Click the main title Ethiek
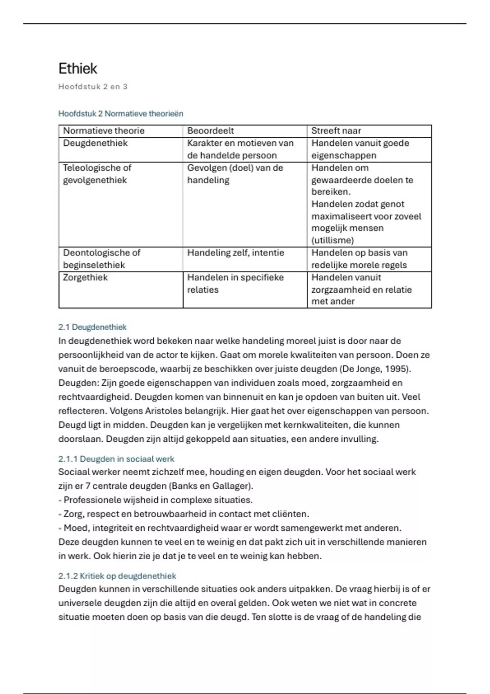(x=78, y=69)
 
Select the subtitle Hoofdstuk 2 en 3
(x=93, y=87)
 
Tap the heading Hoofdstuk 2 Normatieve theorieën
(x=120, y=113)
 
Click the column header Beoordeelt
(x=210, y=131)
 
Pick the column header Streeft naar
(x=336, y=131)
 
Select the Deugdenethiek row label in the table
(x=95, y=143)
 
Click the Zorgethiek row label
(x=85, y=278)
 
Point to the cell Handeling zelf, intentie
(x=235, y=253)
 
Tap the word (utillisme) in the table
(x=332, y=240)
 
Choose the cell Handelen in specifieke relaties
(x=235, y=283)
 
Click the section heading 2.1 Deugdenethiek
(x=92, y=327)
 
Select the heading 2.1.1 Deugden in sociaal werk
(x=116, y=459)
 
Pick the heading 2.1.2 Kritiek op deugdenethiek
(x=117, y=576)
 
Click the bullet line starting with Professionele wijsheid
(x=156, y=500)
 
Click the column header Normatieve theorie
(x=104, y=131)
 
